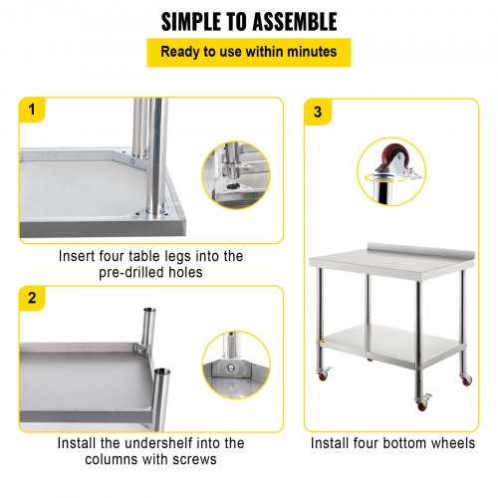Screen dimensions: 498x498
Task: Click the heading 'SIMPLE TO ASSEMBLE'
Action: [x=249, y=21]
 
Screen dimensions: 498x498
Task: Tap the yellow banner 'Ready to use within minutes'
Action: [x=249, y=52]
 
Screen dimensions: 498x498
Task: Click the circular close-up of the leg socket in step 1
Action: [x=235, y=175]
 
